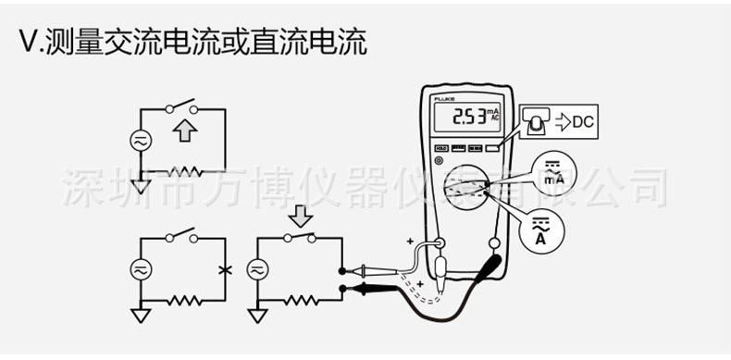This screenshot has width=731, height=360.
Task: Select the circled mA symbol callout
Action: pyautogui.click(x=553, y=173)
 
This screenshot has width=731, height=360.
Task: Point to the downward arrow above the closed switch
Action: pyautogui.click(x=301, y=217)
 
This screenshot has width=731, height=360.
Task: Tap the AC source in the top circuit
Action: pyautogui.click(x=141, y=141)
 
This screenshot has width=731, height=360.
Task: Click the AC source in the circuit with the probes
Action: pyautogui.click(x=257, y=269)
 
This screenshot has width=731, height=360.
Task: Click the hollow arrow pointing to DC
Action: pyautogui.click(x=562, y=120)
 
